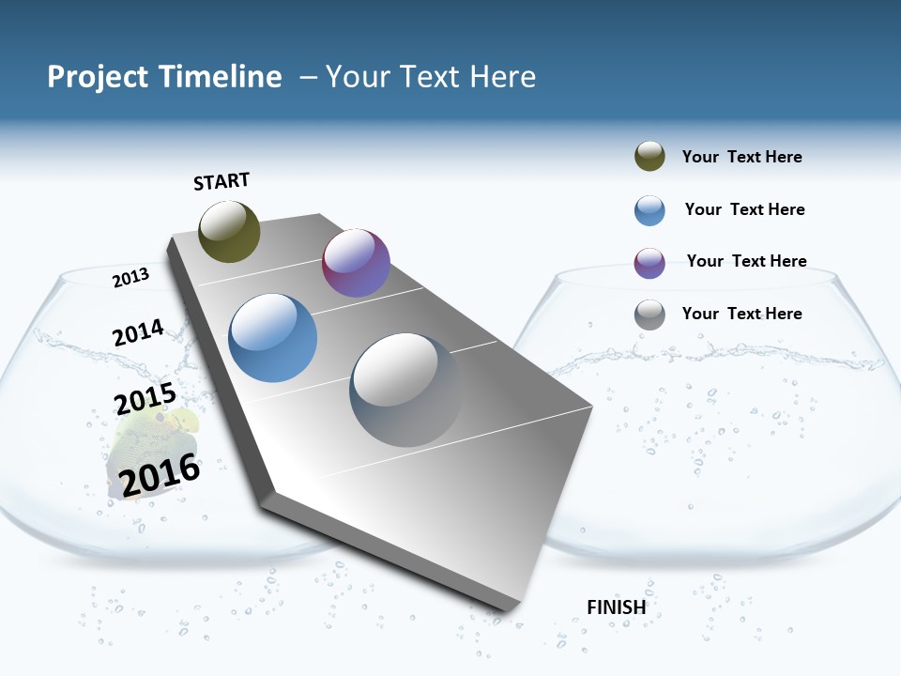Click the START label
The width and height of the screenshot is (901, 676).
(x=221, y=181)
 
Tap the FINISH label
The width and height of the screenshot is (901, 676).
(x=617, y=607)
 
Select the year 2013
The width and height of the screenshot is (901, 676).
(x=130, y=278)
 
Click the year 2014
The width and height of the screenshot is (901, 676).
(x=138, y=333)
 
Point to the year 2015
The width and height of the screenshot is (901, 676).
(x=145, y=399)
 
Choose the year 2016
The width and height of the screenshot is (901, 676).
(x=160, y=474)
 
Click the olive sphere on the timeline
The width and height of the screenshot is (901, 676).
(x=229, y=231)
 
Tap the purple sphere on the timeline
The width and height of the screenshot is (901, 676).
(x=356, y=263)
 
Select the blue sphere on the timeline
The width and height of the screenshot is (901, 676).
(x=273, y=338)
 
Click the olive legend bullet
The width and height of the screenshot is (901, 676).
(x=649, y=157)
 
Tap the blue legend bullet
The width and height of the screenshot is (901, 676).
(x=649, y=210)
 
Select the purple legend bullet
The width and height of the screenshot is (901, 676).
(x=649, y=263)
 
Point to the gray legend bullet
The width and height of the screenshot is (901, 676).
(x=649, y=315)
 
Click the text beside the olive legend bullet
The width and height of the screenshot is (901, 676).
(x=741, y=157)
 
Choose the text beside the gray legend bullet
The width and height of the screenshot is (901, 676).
(x=741, y=314)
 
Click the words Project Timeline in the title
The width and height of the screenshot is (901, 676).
(x=164, y=77)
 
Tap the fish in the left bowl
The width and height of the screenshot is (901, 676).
(x=150, y=441)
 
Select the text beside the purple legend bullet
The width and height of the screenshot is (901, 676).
(x=746, y=261)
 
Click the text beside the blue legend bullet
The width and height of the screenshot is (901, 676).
(x=744, y=209)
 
